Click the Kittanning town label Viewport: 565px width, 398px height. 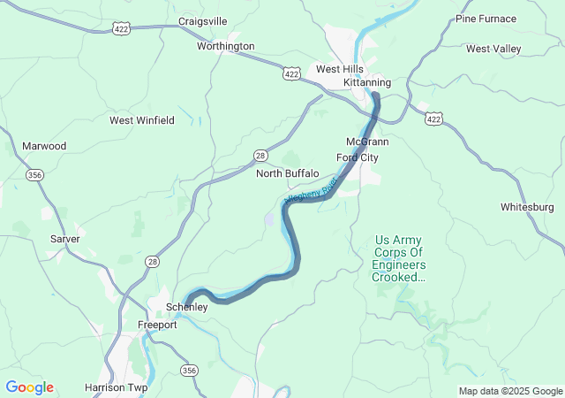[366, 82]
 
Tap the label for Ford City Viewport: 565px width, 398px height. [358, 157]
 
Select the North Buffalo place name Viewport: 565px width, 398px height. [287, 173]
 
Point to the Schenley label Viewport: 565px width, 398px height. [187, 307]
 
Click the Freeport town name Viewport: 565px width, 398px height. [157, 325]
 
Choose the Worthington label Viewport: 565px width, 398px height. [226, 46]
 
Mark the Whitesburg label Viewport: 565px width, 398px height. [527, 207]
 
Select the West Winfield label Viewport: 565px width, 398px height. [142, 120]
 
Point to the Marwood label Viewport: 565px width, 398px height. [44, 146]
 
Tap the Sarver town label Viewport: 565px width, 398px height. [64, 239]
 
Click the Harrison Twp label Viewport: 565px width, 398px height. [117, 387]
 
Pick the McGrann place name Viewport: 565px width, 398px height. [367, 142]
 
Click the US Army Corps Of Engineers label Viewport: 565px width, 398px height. [398, 258]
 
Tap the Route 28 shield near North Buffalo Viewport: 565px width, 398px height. [260, 155]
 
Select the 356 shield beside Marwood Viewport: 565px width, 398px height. [35, 175]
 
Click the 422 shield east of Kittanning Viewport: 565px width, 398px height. [433, 118]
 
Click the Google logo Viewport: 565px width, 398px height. [29, 387]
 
